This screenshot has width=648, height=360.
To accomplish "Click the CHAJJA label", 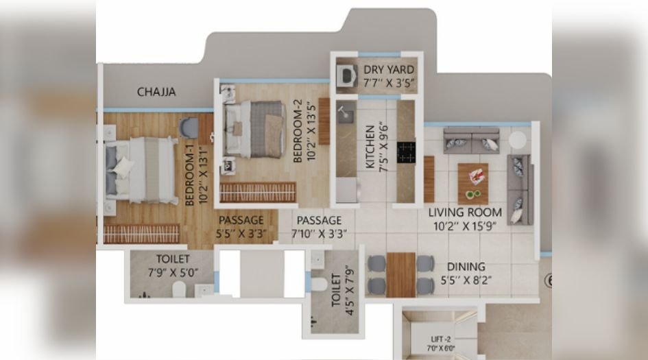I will (x=156, y=91).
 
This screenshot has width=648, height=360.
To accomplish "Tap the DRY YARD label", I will (x=388, y=69).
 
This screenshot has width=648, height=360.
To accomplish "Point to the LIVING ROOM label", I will (x=466, y=212).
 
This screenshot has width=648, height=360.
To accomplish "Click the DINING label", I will (x=466, y=266).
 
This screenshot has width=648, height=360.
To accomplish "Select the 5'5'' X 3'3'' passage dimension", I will (x=241, y=232).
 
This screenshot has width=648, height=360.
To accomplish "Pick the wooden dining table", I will (x=400, y=274).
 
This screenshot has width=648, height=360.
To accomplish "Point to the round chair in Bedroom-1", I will (x=189, y=127).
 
